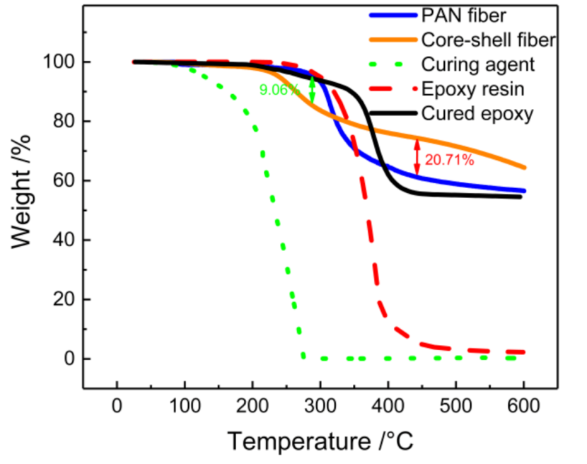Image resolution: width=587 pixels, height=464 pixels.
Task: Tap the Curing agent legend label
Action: click(478, 64)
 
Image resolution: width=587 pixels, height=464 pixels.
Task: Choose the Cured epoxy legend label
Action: click(477, 113)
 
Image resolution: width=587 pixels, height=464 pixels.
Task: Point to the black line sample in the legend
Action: click(392, 113)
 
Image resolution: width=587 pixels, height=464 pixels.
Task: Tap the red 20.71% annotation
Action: click(449, 160)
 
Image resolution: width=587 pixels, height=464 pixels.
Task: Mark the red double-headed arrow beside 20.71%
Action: click(417, 156)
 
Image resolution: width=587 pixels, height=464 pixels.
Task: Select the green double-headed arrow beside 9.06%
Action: click(312, 90)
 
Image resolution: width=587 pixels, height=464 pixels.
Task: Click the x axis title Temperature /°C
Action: click(320, 441)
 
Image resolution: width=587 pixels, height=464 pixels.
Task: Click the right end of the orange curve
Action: click(525, 168)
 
